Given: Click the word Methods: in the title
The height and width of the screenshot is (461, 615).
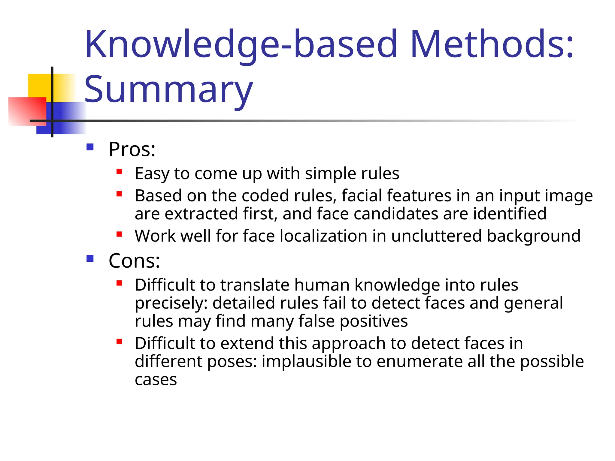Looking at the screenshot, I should tap(492, 44).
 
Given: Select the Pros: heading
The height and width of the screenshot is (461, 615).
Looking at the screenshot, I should tap(132, 149).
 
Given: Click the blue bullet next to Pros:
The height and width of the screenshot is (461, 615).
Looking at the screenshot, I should tap(90, 147).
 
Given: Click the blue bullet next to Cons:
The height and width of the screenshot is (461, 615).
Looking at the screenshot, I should tap(90, 258).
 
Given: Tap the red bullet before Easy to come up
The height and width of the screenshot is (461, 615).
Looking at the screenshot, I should tap(119, 172).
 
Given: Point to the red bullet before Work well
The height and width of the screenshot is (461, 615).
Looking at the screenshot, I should tap(119, 234).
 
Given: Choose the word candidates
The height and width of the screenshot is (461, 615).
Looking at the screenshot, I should tap(395, 214).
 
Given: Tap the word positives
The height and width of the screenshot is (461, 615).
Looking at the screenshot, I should tap(374, 321).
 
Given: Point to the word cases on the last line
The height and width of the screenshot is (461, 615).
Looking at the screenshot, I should tap(156, 380).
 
